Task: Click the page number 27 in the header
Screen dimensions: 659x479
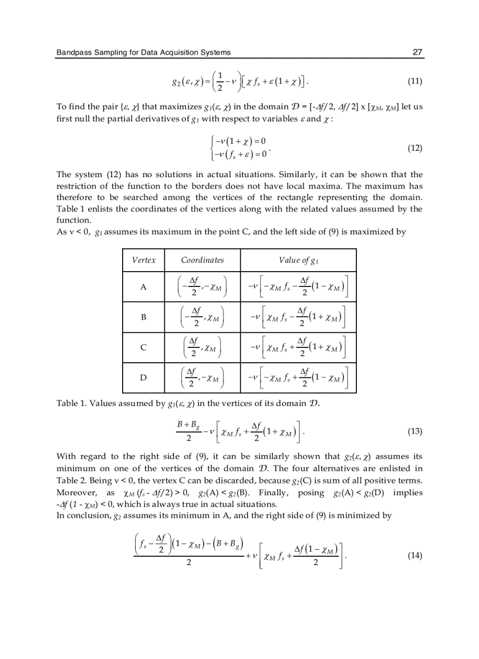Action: click(417, 52)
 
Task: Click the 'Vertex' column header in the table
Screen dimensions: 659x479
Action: click(144, 260)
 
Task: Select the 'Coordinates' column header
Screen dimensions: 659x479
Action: click(203, 260)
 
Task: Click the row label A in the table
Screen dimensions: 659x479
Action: click(144, 287)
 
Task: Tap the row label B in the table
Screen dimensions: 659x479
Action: click(144, 317)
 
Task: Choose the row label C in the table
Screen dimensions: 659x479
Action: click(144, 348)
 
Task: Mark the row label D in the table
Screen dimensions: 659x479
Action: click(144, 378)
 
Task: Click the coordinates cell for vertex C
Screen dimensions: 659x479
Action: click(203, 348)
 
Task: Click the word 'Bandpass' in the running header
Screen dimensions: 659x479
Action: click(72, 52)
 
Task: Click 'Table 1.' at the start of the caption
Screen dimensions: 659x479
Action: click(70, 403)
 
